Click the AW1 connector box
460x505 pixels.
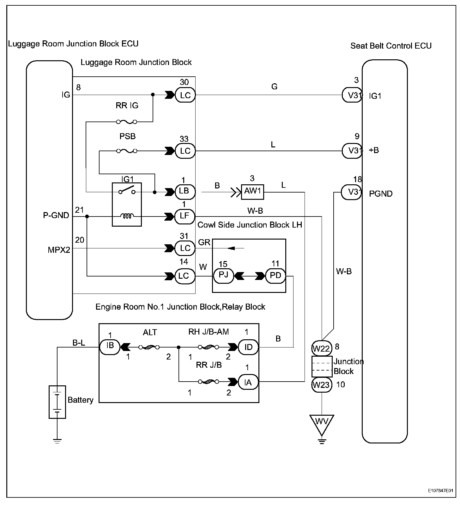pos(253,191)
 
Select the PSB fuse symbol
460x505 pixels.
pos(127,151)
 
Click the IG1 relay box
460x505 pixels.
pos(127,205)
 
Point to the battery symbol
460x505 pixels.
pos(57,402)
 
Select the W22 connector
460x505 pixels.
pos(322,348)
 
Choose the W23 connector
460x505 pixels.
pos(322,384)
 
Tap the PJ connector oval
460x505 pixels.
pos(223,276)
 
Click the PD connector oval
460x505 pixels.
pos(275,276)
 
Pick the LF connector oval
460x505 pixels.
pos(185,216)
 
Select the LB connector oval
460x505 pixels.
pos(185,191)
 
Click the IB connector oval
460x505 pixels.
pos(110,347)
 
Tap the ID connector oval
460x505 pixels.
pos(248,347)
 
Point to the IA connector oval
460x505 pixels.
pos(248,382)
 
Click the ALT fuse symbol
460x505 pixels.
pos(149,347)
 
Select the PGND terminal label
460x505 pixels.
pos(381,193)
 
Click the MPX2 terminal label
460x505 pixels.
pos(59,250)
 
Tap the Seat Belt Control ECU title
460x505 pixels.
pos(391,46)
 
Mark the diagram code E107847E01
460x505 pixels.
pos(441,491)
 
